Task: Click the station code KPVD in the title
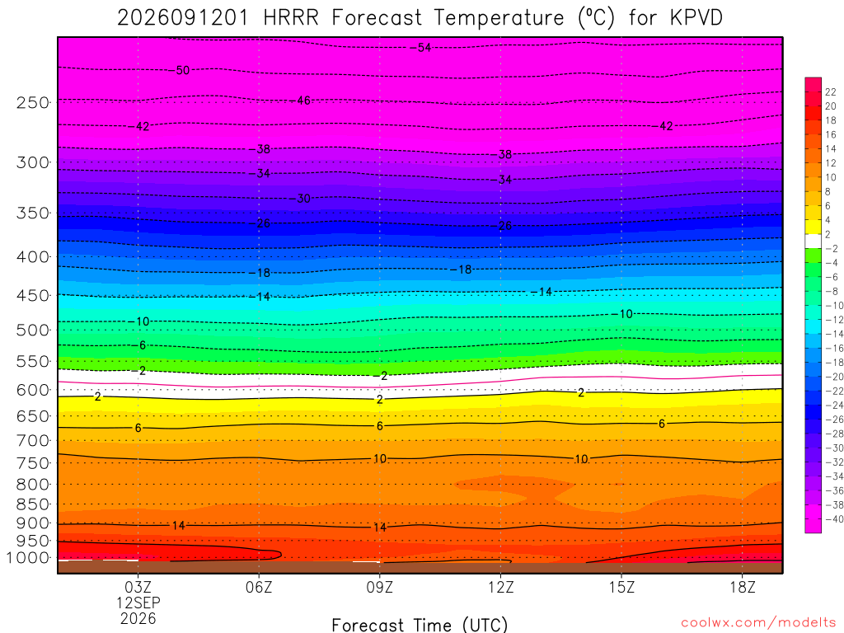pyautogui.click(x=696, y=18)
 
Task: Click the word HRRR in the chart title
pyautogui.click(x=291, y=18)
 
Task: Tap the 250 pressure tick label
pyautogui.click(x=33, y=102)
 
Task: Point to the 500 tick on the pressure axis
pyautogui.click(x=33, y=330)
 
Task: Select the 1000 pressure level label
pyautogui.click(x=28, y=558)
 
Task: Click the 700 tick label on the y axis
pyautogui.click(x=33, y=441)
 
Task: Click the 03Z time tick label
pyautogui.click(x=138, y=587)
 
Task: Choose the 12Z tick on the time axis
pyautogui.click(x=500, y=587)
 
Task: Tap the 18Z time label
pyautogui.click(x=743, y=587)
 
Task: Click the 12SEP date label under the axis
pyautogui.click(x=138, y=603)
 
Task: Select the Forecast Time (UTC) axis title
pyautogui.click(x=420, y=625)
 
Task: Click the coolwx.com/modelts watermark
pyautogui.click(x=758, y=623)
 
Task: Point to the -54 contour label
pyautogui.click(x=420, y=47)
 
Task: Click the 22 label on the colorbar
pyautogui.click(x=831, y=92)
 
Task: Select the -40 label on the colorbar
pyautogui.click(x=834, y=519)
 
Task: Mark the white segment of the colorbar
pyautogui.click(x=813, y=241)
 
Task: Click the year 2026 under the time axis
pyautogui.click(x=138, y=619)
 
